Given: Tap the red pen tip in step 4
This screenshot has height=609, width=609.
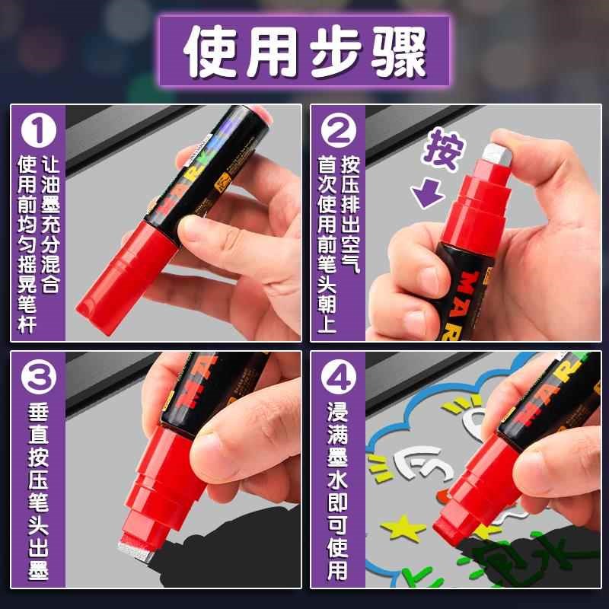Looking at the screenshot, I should pos(457,518).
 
